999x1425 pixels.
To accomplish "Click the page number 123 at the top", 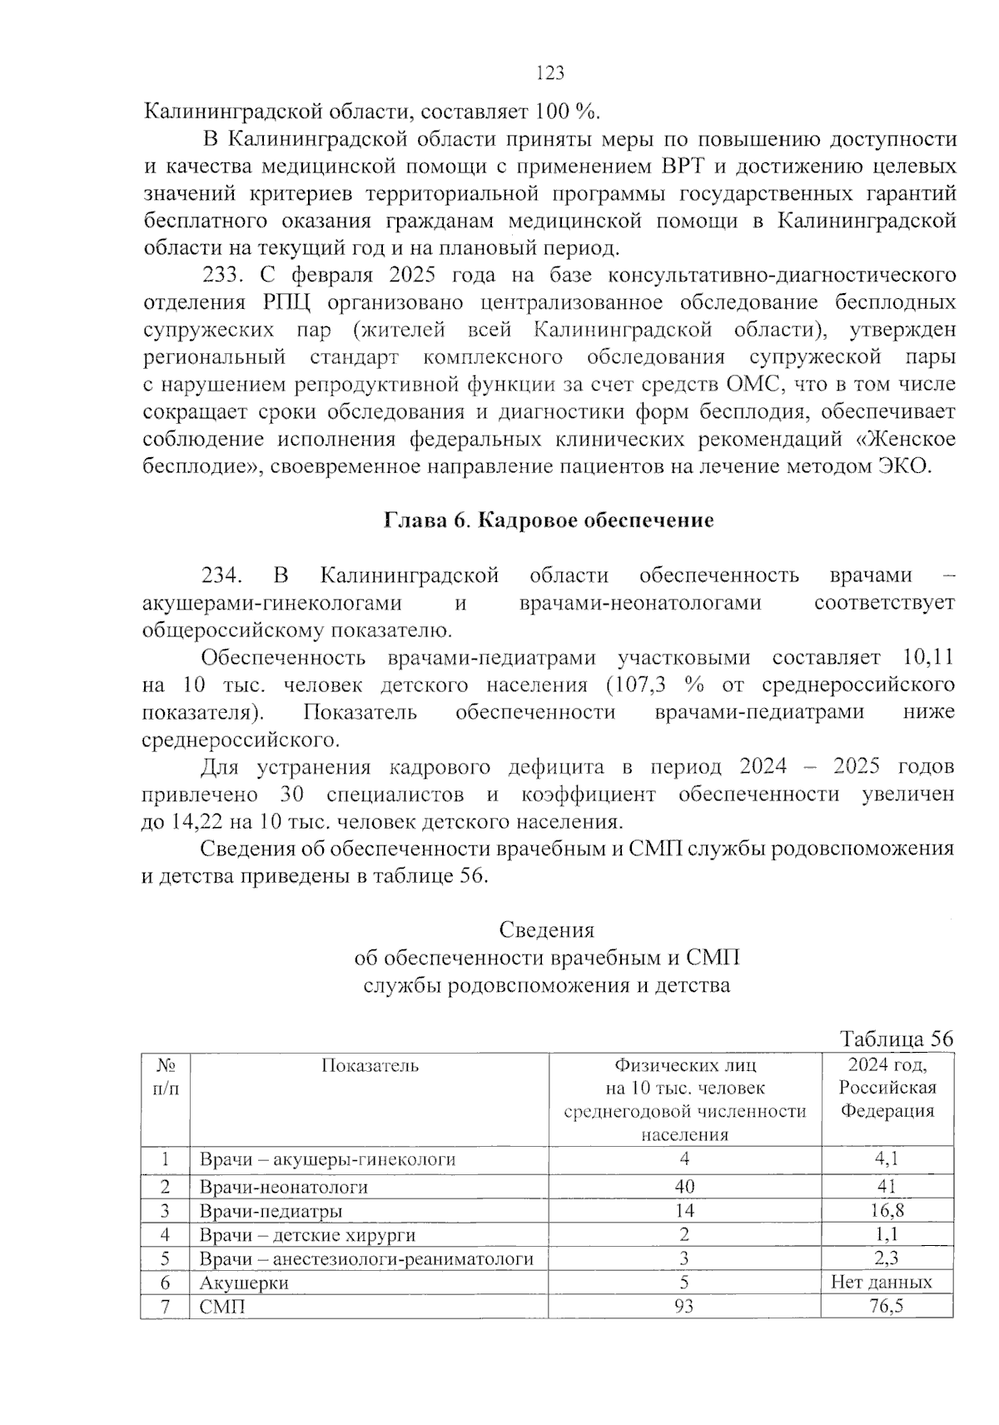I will [x=550, y=73].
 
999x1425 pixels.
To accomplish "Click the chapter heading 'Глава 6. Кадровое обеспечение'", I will [x=549, y=521].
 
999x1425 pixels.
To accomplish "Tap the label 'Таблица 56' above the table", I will [x=896, y=1039].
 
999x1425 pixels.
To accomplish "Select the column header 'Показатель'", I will [x=370, y=1065].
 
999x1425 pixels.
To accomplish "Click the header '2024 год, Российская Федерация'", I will [x=887, y=1088].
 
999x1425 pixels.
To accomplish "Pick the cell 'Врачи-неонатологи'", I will [x=283, y=1187].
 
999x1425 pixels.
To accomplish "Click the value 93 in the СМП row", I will [x=684, y=1306].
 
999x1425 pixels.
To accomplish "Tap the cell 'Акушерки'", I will [x=244, y=1283].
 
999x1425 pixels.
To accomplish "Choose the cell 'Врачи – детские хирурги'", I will [x=307, y=1235].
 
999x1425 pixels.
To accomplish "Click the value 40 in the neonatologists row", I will [x=684, y=1187].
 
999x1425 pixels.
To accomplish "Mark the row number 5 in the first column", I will [x=165, y=1258].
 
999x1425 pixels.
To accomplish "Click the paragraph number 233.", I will [x=221, y=276].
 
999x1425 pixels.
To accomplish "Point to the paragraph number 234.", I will [x=221, y=575].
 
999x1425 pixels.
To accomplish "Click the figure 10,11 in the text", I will [x=927, y=658].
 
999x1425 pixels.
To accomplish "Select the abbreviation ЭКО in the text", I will [x=903, y=466].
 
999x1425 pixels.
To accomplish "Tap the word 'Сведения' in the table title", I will [x=547, y=930].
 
